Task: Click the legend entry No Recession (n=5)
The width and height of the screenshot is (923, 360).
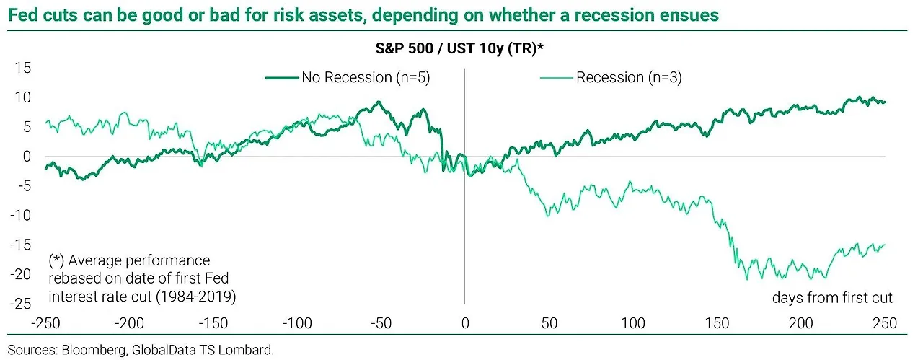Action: pos(366,78)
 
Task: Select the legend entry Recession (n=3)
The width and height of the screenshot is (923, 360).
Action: pos(628,78)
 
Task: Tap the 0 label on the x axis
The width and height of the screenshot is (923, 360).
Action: pos(464,322)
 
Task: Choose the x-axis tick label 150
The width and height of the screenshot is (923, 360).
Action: pos(716,322)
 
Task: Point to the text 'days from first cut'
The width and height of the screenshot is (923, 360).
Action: pos(832,298)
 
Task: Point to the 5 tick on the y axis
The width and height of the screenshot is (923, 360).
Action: pos(27,127)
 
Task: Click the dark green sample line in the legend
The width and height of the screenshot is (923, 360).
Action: pos(282,78)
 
